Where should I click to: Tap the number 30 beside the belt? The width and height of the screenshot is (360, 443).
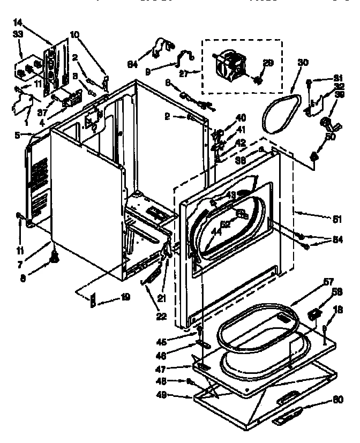tap(303, 63)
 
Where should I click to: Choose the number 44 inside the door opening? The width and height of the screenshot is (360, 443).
tap(215, 231)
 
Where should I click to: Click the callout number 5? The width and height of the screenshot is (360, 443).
tap(18, 135)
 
